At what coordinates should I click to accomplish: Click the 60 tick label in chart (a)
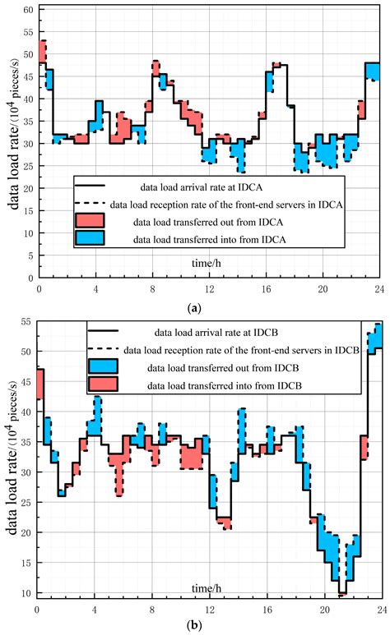coord(28,9)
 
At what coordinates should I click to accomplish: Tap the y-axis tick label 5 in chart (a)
coord(30,255)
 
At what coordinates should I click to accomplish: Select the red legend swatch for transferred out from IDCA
coord(90,221)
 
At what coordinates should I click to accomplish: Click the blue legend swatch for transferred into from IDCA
coord(90,237)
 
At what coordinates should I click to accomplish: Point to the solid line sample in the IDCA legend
coord(90,186)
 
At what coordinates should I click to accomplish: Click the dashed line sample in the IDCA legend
coord(90,202)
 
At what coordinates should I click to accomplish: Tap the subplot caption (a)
coord(194,309)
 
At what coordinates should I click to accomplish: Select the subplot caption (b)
coord(194,625)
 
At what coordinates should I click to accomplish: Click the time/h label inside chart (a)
coord(207,263)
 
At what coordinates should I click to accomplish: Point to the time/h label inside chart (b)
coord(207,588)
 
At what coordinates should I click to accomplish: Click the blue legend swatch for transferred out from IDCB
coord(103,366)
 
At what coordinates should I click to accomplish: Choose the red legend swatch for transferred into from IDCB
coord(103,384)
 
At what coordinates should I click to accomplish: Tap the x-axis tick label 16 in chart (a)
coord(266,289)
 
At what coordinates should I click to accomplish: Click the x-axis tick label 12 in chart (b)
coord(210,610)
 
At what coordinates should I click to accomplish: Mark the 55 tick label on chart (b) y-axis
coord(26,323)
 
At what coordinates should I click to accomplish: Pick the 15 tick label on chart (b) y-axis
coord(26,563)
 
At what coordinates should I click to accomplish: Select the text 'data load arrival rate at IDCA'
coord(202,187)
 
